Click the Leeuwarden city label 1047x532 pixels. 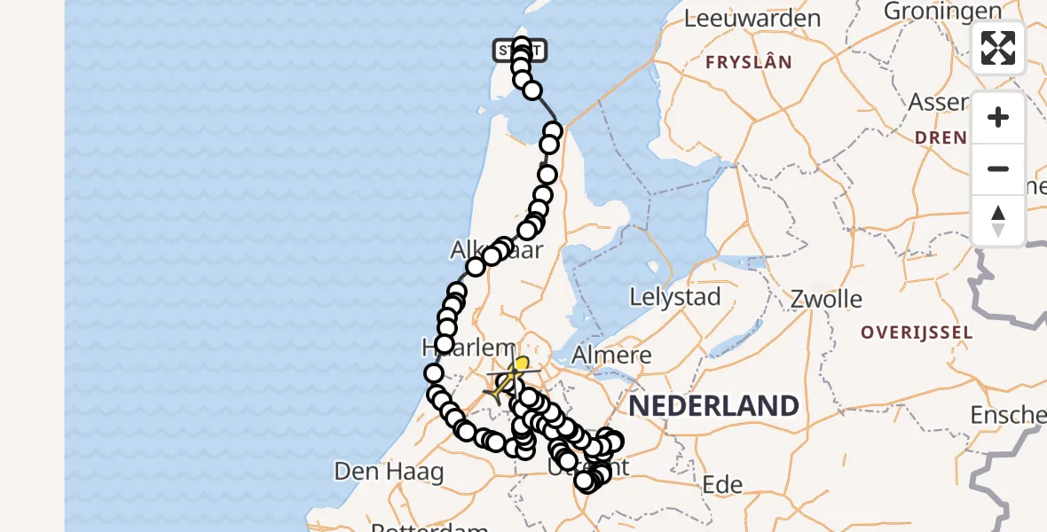pyautogui.click(x=752, y=18)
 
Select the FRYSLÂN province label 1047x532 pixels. pyautogui.click(x=748, y=62)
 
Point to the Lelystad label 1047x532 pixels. pyautogui.click(x=675, y=297)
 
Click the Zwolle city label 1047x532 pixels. pyautogui.click(x=826, y=299)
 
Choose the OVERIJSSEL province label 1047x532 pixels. pyautogui.click(x=917, y=333)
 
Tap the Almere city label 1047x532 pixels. pyautogui.click(x=613, y=356)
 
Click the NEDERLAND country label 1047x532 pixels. pyautogui.click(x=713, y=406)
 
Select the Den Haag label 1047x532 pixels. pyautogui.click(x=389, y=472)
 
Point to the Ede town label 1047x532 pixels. pyautogui.click(x=722, y=484)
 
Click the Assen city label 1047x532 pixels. pyautogui.click(x=938, y=102)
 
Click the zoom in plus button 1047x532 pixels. pyautogui.click(x=998, y=118)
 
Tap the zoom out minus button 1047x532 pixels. pyautogui.click(x=998, y=168)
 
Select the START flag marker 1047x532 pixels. pyautogui.click(x=520, y=51)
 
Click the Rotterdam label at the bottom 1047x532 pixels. pyautogui.click(x=429, y=527)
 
